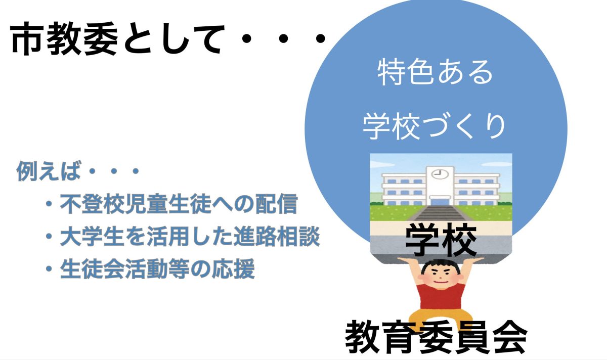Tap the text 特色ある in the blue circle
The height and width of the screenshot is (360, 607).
tap(435, 72)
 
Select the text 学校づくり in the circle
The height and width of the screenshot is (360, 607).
tap(435, 126)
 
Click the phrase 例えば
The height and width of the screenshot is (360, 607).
tap(49, 171)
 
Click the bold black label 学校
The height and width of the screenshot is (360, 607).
tap(441, 240)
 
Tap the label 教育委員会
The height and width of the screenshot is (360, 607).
tap(436, 337)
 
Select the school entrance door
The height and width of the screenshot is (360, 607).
tap(440, 202)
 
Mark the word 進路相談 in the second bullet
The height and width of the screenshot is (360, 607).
tap(277, 237)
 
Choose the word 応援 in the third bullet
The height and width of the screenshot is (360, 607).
tap(234, 268)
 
